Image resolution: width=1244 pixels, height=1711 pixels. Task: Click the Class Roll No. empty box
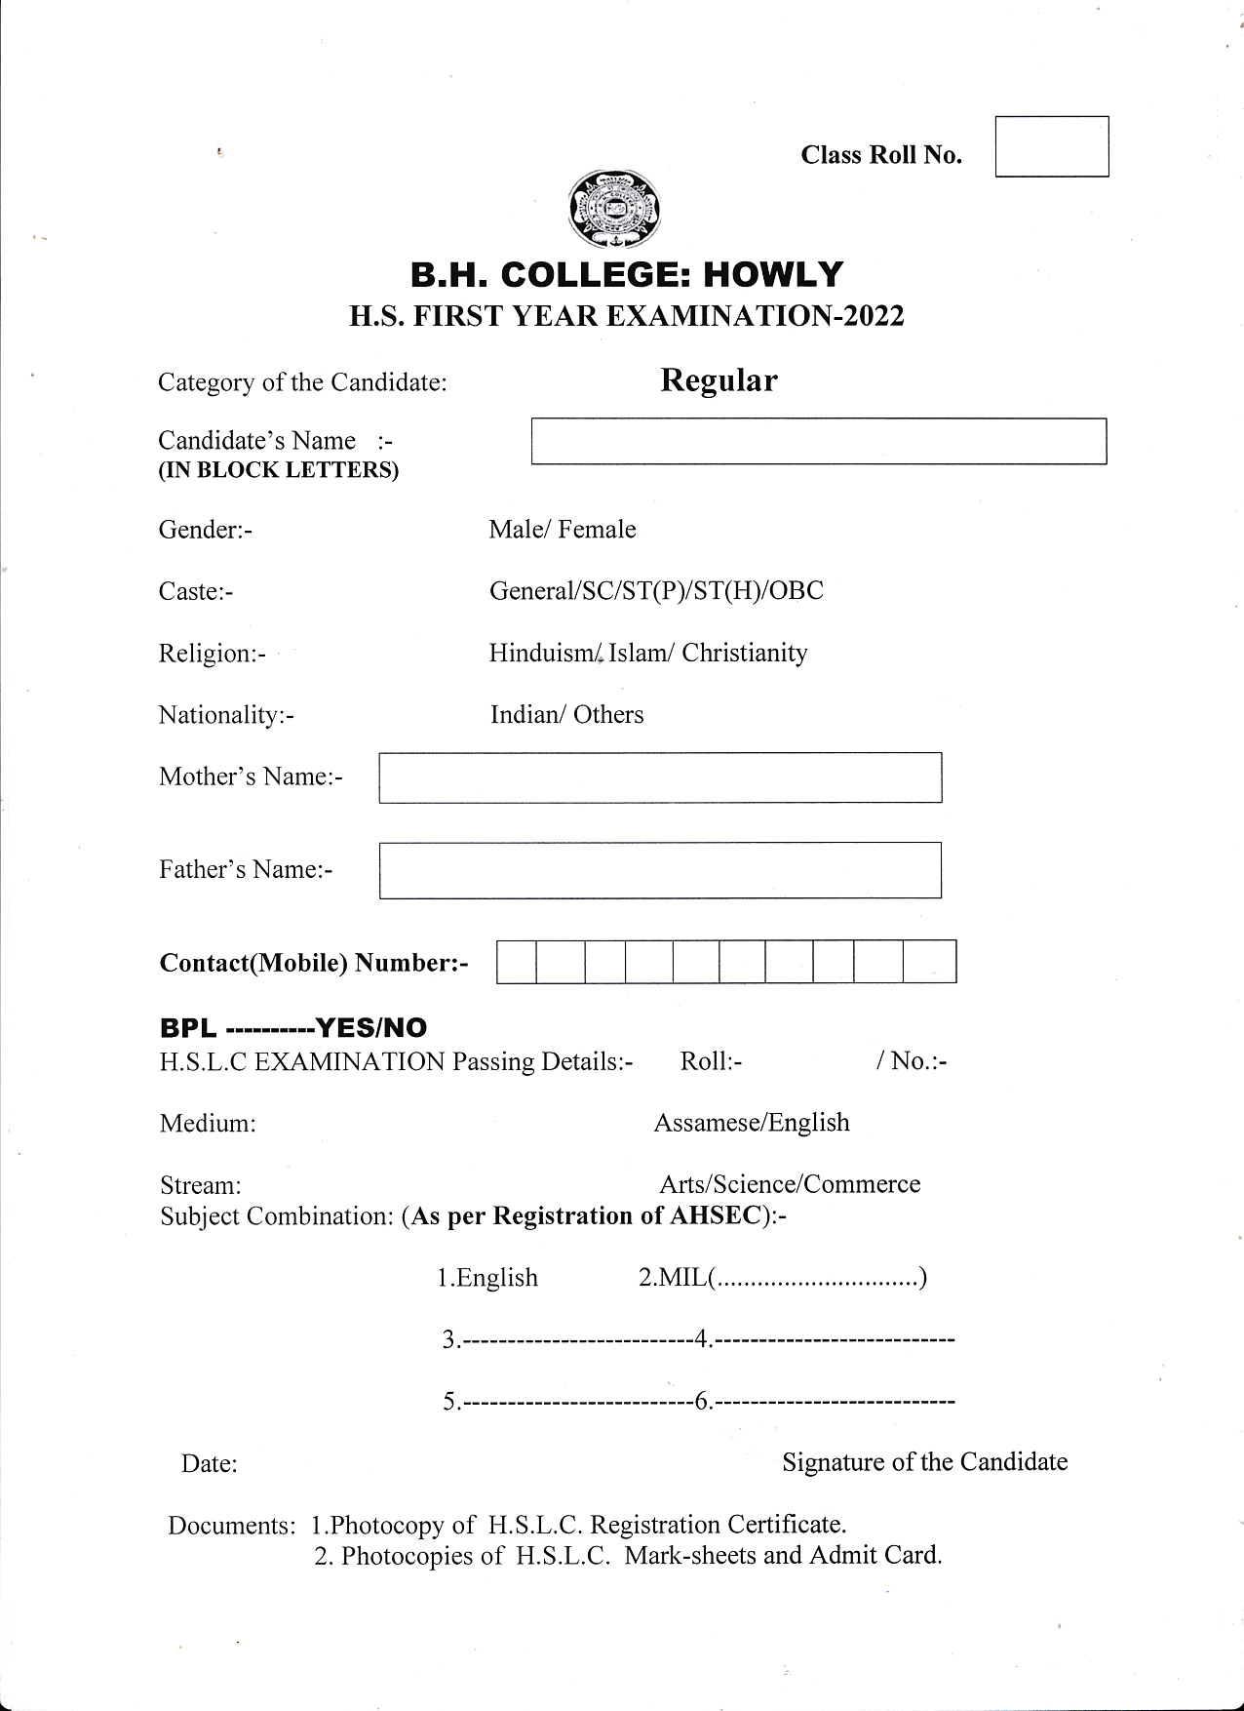coord(1051,146)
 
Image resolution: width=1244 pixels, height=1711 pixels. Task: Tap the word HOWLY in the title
coord(773,275)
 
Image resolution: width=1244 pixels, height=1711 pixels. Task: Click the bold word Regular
coord(719,380)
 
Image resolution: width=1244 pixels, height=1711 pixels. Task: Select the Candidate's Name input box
coord(818,441)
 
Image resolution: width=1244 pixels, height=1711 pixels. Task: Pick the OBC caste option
coord(796,591)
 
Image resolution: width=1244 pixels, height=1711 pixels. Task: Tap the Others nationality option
coord(608,715)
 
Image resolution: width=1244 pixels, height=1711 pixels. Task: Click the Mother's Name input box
coord(660,777)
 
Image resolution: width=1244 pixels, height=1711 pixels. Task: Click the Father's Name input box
coord(660,869)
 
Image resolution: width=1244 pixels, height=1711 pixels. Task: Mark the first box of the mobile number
coord(517,962)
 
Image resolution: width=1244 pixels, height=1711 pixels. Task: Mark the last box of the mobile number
coord(929,962)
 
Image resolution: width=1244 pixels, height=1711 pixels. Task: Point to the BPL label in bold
coord(188,1028)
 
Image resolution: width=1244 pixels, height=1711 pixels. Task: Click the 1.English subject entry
coord(487,1278)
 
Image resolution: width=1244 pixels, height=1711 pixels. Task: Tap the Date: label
coord(210,1464)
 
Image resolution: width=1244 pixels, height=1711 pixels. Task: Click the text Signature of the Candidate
coord(924,1462)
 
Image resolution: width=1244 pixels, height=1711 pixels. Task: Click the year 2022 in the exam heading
coord(874,316)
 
